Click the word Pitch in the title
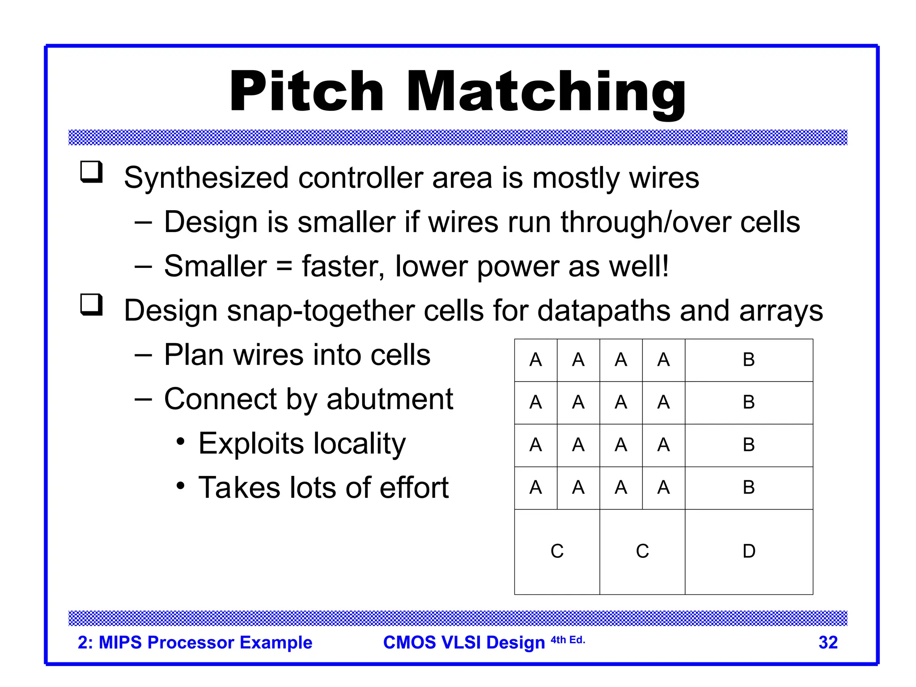click(307, 92)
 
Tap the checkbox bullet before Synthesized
click(92, 172)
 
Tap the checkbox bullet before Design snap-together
click(92, 305)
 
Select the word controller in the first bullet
click(360, 178)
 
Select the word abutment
click(390, 399)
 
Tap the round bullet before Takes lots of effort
click(180, 486)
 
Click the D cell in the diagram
click(749, 551)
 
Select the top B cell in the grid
click(749, 360)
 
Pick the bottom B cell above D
click(749, 488)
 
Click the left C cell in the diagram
click(557, 551)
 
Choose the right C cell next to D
click(642, 551)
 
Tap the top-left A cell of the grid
click(535, 360)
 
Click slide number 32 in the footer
click(828, 643)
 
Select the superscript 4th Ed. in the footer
click(568, 640)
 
